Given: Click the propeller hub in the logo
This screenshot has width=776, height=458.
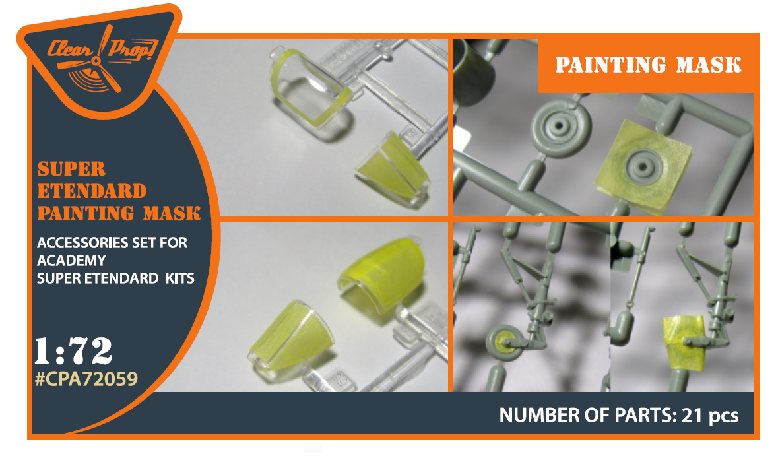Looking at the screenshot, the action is pyautogui.click(x=96, y=61).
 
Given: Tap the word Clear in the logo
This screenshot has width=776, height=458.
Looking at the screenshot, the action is pyautogui.click(x=70, y=49).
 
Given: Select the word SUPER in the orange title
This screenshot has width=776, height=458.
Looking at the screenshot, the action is pyautogui.click(x=71, y=170).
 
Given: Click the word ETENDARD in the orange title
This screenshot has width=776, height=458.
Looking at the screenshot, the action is pyautogui.click(x=92, y=191).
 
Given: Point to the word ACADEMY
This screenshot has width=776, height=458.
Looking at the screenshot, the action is pyautogui.click(x=71, y=261).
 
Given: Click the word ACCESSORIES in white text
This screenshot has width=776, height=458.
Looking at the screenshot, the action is pyautogui.click(x=81, y=243).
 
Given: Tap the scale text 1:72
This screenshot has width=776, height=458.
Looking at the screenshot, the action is pyautogui.click(x=73, y=351).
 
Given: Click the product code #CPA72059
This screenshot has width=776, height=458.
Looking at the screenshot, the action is pyautogui.click(x=86, y=379).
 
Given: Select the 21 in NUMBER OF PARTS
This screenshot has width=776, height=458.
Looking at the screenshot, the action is pyautogui.click(x=692, y=415).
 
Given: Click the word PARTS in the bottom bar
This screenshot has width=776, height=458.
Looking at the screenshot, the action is pyautogui.click(x=643, y=415).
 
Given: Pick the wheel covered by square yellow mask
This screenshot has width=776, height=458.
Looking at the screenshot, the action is pyautogui.click(x=643, y=166).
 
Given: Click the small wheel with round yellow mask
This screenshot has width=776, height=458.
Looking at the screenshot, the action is pyautogui.click(x=505, y=342).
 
